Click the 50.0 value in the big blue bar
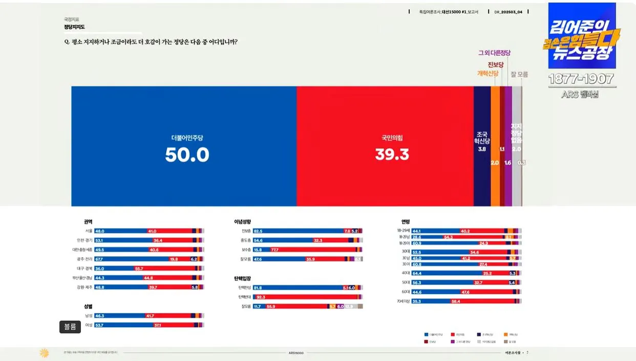point(187,154)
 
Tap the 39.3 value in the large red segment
point(392,154)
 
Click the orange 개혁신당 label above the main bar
point(487,74)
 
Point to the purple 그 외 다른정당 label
point(494,53)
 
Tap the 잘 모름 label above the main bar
point(519,74)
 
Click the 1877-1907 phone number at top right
point(581,79)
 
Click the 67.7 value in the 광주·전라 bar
point(100,259)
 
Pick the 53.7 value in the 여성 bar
point(100,325)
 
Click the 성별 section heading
point(88,307)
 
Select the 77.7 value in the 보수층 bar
point(274,250)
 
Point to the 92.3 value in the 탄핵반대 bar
point(261,297)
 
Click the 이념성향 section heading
point(242,222)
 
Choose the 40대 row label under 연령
point(406,273)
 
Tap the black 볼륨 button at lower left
point(70,327)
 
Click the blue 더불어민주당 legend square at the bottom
point(426,334)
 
